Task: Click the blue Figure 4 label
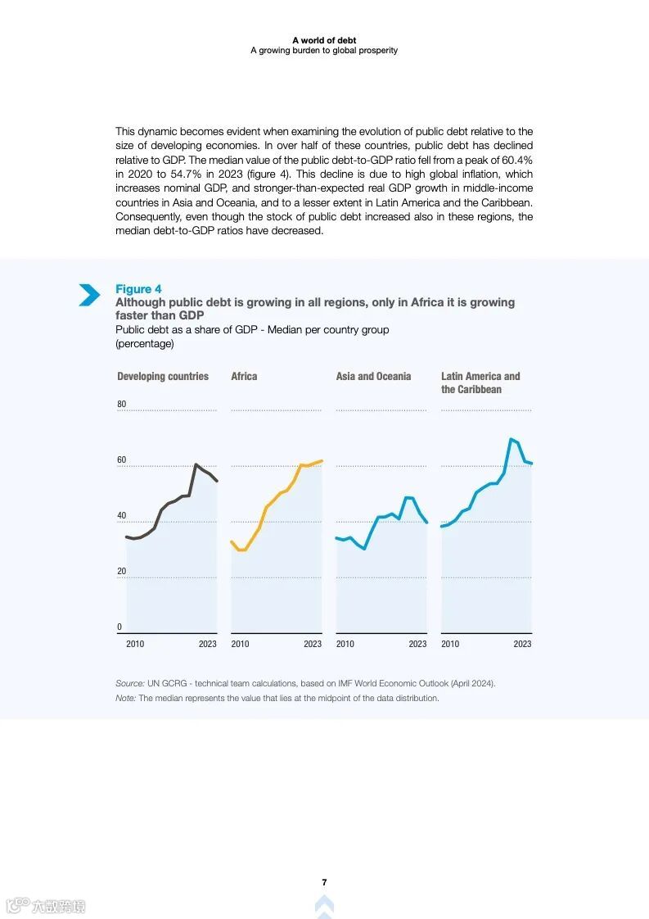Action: (x=138, y=289)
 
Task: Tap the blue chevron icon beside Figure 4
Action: (x=89, y=295)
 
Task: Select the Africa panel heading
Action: (x=244, y=377)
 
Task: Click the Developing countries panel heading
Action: (x=163, y=377)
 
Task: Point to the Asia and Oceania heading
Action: (x=373, y=377)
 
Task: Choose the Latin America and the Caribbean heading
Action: (x=480, y=383)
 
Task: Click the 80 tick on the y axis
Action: (x=121, y=405)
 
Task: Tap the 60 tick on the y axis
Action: (x=121, y=460)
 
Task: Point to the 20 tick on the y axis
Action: (x=121, y=572)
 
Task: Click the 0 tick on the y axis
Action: (x=119, y=627)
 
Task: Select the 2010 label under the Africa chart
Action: (x=240, y=644)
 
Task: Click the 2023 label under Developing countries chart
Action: (x=208, y=644)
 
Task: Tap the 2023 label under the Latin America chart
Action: (x=522, y=644)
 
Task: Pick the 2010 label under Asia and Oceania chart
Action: (x=345, y=644)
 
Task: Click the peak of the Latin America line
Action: (x=511, y=439)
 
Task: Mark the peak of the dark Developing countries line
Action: (x=196, y=464)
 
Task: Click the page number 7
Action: (x=324, y=882)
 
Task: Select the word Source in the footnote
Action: (x=129, y=683)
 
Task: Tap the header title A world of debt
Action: (x=324, y=40)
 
